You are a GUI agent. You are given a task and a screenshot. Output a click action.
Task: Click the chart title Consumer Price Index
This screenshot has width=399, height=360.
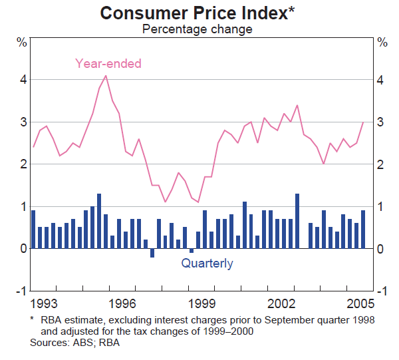coord(194,13)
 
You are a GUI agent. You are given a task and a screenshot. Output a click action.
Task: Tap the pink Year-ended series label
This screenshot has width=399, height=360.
coord(108,64)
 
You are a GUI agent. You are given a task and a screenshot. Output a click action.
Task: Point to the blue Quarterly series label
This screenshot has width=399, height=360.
coord(207,264)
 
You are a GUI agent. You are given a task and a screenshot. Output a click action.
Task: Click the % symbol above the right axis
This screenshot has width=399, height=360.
coord(382,43)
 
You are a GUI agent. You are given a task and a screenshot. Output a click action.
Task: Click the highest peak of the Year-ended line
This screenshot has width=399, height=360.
coord(106,75)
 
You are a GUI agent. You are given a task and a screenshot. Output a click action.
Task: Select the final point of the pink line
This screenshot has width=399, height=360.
coord(363,122)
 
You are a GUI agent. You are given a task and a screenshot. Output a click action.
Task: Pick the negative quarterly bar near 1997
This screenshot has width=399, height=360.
coord(152,253)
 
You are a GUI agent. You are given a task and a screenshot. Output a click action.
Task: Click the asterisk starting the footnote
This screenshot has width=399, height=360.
coord(32,319)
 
